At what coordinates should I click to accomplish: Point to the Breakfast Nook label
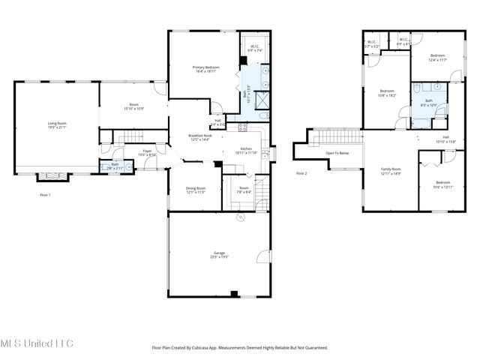tap(200, 137)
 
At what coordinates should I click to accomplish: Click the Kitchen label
tap(247, 150)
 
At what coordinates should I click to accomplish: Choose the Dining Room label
tap(195, 190)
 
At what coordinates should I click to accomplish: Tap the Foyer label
tap(148, 152)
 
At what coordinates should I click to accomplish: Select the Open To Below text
tap(337, 152)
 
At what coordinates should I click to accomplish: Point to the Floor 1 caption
tap(46, 194)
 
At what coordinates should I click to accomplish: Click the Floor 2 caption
tap(302, 173)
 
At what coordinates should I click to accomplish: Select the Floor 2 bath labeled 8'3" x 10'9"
tap(429, 103)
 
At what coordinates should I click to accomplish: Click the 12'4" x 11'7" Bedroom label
tap(438, 58)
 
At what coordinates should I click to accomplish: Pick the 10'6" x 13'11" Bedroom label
tap(443, 184)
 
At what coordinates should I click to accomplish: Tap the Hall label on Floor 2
tap(445, 139)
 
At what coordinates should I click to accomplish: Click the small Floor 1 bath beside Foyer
tap(115, 166)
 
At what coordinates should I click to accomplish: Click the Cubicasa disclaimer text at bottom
tap(240, 347)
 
